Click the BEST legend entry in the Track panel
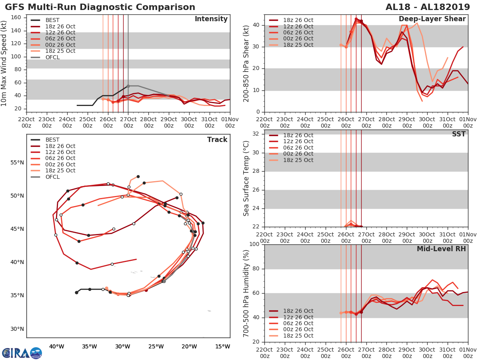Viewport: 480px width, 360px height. (x=52, y=140)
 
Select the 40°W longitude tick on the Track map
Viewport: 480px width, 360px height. (x=57, y=346)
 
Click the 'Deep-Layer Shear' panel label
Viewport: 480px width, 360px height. (x=432, y=19)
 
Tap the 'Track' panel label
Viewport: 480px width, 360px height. (x=217, y=140)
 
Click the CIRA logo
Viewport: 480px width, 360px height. (x=22, y=353)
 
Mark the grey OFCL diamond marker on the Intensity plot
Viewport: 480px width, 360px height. (x=128, y=86)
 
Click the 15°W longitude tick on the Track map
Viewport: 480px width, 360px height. (x=223, y=346)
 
